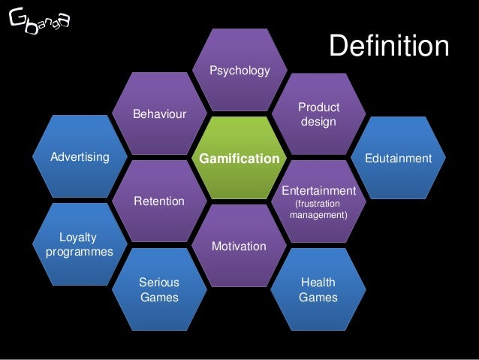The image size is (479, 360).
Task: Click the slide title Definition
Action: (x=388, y=46)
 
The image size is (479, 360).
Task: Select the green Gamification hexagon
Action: (x=238, y=159)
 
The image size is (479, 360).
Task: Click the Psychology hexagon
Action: (x=239, y=71)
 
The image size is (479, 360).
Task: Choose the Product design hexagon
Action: (x=319, y=114)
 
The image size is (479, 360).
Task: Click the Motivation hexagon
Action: (x=239, y=246)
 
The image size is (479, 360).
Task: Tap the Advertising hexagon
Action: (x=79, y=158)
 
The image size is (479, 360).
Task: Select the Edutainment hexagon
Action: (x=398, y=158)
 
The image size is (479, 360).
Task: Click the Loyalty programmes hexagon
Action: (x=79, y=244)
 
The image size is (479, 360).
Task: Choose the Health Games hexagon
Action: (x=318, y=289)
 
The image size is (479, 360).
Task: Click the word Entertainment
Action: (x=318, y=192)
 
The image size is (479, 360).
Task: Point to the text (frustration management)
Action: (x=318, y=210)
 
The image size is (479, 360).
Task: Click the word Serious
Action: (x=158, y=282)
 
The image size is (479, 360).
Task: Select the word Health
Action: (x=318, y=282)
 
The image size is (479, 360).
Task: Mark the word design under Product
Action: (x=319, y=122)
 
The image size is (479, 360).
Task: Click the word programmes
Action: (x=79, y=252)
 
